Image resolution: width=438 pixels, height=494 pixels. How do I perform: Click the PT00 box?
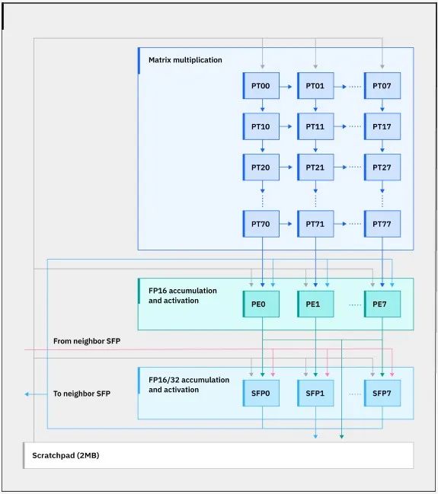[261, 86]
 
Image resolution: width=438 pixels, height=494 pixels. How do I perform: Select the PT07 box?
[382, 86]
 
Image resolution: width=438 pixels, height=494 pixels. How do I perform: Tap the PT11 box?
[315, 126]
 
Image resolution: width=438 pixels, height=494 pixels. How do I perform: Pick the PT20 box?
[261, 167]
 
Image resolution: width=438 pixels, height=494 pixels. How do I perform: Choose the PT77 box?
[382, 224]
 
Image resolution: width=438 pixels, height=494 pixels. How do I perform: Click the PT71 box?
[315, 224]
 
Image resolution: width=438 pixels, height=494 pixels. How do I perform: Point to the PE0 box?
[261, 304]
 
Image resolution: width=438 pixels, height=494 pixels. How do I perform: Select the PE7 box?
[382, 304]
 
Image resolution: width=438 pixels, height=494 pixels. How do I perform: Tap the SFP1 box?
[315, 394]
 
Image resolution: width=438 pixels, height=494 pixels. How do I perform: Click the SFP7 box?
[382, 394]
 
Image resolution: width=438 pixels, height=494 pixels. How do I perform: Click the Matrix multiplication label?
[185, 60]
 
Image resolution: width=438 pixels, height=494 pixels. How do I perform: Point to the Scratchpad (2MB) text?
[66, 455]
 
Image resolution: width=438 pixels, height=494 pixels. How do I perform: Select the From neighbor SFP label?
[87, 341]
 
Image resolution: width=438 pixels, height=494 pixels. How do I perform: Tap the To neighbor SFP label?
[82, 394]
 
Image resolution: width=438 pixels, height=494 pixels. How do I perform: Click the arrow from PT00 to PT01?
[286, 86]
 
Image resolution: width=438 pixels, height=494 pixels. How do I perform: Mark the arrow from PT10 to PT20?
[262, 146]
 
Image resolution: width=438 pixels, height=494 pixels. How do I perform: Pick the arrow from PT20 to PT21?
[286, 167]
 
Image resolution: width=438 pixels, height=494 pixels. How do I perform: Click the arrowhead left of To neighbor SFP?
[27, 394]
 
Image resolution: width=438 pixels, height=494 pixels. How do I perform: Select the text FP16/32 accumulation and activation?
[189, 384]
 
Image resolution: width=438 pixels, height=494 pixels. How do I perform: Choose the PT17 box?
[382, 126]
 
